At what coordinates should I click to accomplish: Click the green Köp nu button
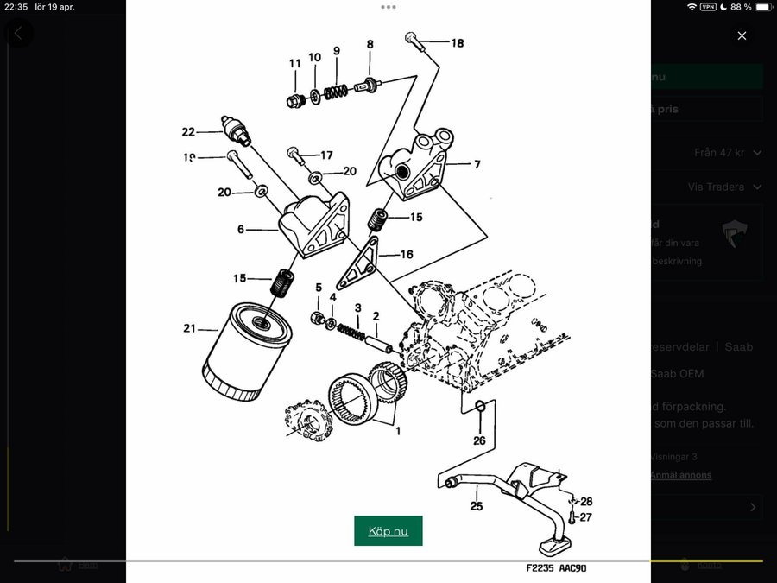388,531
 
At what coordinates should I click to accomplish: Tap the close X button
742,35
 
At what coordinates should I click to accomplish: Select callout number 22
188,132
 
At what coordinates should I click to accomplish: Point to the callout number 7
477,164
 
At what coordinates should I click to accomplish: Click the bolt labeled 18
414,40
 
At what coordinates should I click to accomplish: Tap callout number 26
479,440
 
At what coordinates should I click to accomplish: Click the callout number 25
476,506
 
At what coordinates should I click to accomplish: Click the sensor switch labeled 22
235,129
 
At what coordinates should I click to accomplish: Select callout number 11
294,63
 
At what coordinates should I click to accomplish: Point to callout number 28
586,502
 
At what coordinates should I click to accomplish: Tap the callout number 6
240,230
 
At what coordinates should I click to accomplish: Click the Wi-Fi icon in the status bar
691,7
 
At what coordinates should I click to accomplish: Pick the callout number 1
398,431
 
